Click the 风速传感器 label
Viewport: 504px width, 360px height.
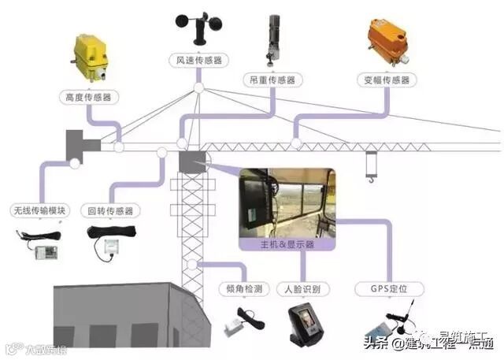pyautogui.click(x=197, y=60)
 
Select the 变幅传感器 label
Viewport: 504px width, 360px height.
pyautogui.click(x=386, y=80)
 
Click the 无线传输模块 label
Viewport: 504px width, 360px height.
pyautogui.click(x=39, y=210)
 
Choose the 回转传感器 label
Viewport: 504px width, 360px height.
pyautogui.click(x=110, y=210)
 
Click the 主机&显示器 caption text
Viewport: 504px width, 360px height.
pyautogui.click(x=287, y=244)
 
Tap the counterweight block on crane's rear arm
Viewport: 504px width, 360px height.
pyautogui.click(x=79, y=143)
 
